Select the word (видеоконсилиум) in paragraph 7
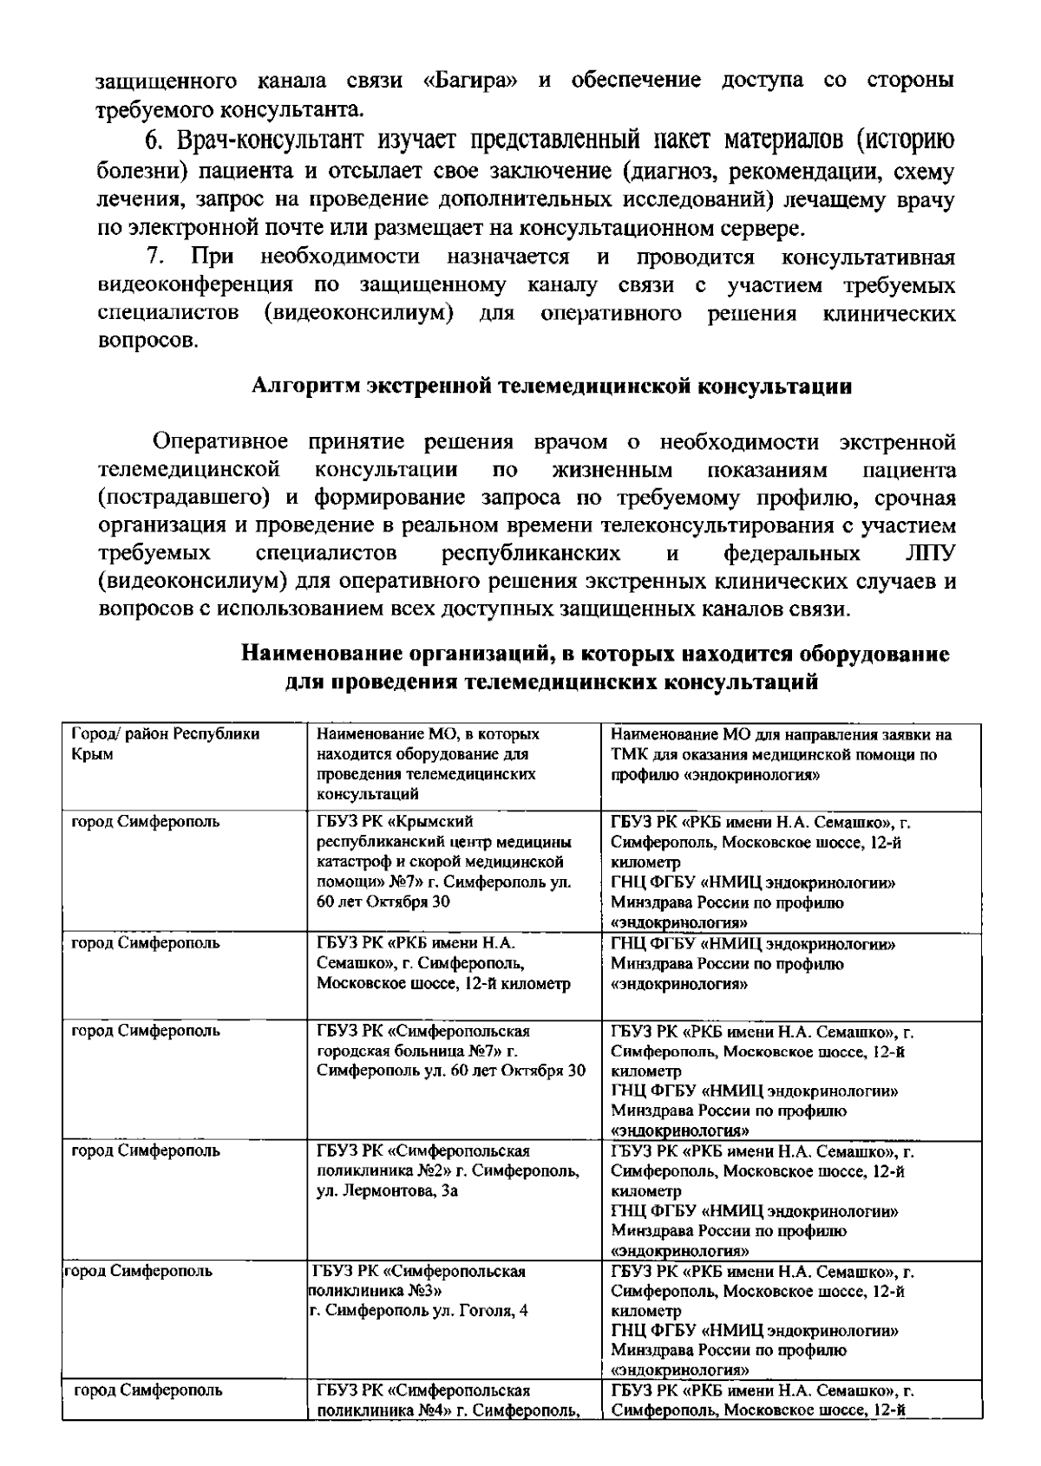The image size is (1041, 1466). (358, 313)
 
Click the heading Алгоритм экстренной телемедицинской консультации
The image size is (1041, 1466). (551, 387)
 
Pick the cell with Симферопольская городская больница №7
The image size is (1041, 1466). (451, 1051)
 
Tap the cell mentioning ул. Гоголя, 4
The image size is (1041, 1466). (421, 1291)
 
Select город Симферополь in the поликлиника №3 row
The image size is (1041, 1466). (139, 1272)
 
